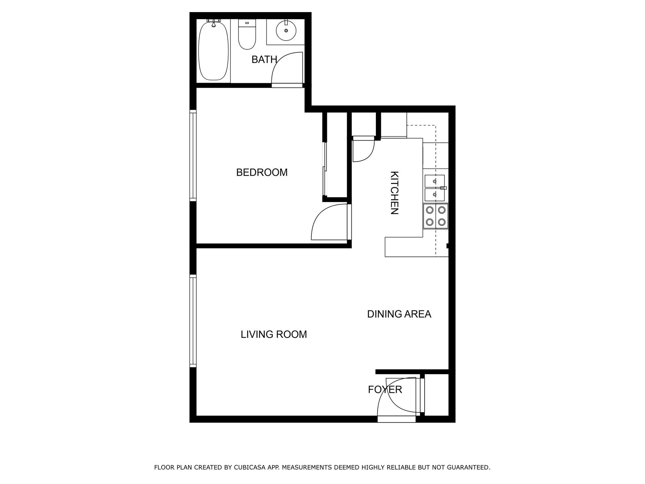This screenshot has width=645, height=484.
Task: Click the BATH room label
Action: coord(264,59)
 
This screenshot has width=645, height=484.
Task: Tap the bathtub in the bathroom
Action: coord(213,51)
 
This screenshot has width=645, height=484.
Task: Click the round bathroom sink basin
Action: coord(286,31)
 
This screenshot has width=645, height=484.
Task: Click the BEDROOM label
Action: coord(262,172)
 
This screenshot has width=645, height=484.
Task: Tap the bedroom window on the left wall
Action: coord(193,155)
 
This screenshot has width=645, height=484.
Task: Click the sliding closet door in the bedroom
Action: coord(325,170)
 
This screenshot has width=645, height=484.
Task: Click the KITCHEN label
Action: coord(394,193)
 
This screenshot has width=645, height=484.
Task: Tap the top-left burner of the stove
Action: coord(430,210)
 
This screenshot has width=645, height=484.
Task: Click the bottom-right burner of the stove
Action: coord(442,222)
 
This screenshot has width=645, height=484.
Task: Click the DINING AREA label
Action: coord(399,314)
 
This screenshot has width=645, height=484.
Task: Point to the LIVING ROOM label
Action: coord(274,334)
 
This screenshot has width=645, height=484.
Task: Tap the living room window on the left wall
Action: coord(193,321)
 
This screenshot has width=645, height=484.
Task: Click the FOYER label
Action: coord(385,390)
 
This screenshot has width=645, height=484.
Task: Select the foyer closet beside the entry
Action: coord(436,395)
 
